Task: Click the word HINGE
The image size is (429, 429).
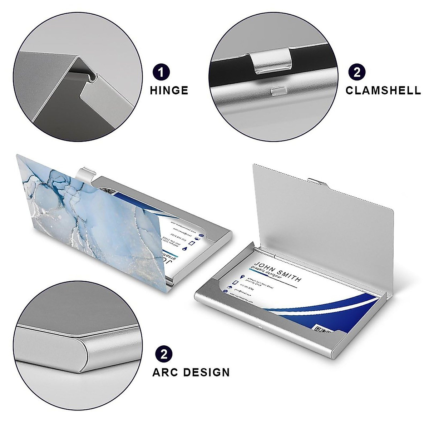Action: pos(169,90)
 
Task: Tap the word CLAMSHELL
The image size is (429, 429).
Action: pos(383,90)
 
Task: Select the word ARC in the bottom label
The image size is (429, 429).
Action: pos(165,372)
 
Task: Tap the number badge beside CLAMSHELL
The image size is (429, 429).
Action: pos(357,72)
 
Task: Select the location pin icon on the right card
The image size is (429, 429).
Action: pos(243,276)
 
